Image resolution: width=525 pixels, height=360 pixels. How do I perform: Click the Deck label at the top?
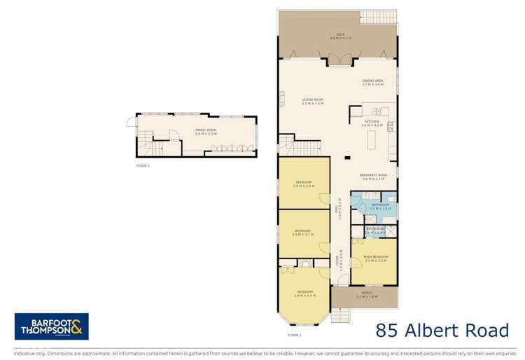340,34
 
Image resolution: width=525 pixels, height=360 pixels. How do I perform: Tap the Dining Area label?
372,82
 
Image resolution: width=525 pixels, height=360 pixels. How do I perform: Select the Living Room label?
312,100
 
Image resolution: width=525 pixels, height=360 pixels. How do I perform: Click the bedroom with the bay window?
303,294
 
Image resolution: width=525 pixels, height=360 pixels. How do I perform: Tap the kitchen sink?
376,111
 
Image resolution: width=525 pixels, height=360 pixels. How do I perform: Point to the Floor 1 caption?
143,165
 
